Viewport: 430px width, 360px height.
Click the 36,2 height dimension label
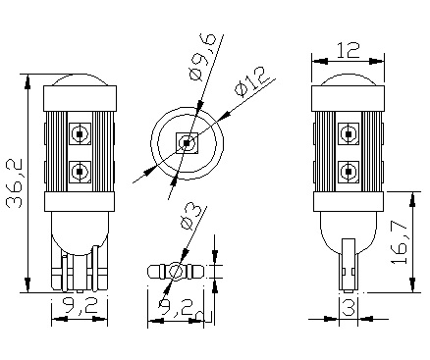15,183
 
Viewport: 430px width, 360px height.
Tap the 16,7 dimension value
399,243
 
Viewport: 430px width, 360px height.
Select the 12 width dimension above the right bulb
349,50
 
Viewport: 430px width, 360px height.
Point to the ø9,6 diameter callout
203,56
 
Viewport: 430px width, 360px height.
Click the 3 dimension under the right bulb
349,308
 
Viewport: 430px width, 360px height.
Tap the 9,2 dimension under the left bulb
80,306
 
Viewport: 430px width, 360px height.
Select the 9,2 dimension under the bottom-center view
176,308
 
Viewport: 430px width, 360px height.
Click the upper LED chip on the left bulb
80,133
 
